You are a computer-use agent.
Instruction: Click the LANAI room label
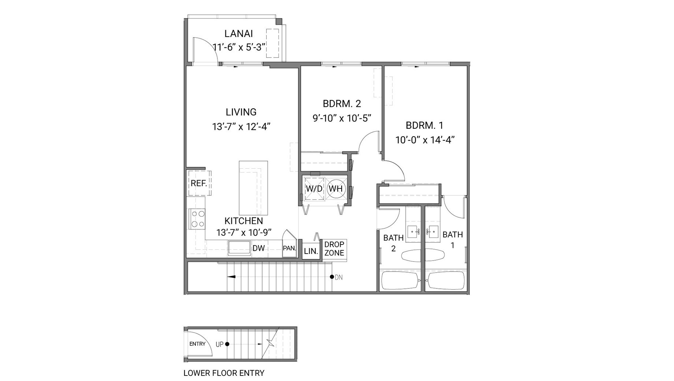[238, 34]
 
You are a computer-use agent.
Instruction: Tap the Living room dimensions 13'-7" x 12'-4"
[241, 127]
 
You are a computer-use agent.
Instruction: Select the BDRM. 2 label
[342, 104]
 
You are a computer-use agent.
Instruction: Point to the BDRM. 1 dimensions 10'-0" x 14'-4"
[425, 140]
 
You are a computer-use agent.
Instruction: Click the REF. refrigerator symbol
[199, 183]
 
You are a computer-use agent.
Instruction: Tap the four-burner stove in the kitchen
[198, 219]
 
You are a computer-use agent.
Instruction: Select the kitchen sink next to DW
[239, 248]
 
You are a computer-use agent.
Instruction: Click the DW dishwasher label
[258, 248]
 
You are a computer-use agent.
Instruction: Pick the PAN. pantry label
[289, 248]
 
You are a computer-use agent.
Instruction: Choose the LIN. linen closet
[311, 251]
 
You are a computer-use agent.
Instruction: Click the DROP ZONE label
[334, 249]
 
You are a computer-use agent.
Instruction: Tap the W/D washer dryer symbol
[314, 189]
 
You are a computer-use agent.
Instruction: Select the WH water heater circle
[336, 189]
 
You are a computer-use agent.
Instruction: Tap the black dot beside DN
[332, 277]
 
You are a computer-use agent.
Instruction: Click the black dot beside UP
[227, 344]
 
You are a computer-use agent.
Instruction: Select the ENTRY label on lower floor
[197, 344]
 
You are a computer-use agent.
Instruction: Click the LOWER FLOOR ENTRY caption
[224, 373]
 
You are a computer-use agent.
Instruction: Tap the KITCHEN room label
[243, 221]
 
